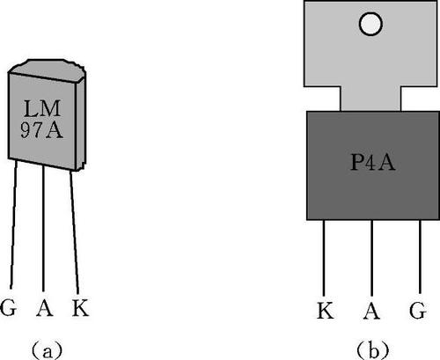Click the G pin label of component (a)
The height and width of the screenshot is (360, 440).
click(8, 307)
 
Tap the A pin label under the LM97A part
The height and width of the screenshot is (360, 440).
click(45, 308)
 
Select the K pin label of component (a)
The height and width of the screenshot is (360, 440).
click(80, 308)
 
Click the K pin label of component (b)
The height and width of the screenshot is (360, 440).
click(326, 310)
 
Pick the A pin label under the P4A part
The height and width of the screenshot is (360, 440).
click(371, 311)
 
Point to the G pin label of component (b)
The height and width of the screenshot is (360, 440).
click(418, 311)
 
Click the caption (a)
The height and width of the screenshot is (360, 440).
click(47, 350)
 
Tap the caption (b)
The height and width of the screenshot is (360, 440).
click(373, 350)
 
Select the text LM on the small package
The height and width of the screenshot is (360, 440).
click(42, 108)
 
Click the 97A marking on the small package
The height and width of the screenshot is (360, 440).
click(41, 129)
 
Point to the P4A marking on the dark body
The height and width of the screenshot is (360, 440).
click(373, 162)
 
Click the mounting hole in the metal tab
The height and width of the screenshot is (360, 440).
click(370, 24)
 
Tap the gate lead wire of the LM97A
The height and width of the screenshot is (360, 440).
click(13, 224)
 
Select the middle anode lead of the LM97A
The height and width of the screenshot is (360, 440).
click(43, 229)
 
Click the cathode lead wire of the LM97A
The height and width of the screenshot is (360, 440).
click(75, 232)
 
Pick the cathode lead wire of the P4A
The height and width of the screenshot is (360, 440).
click(324, 258)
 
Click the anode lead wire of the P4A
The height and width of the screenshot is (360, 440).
click(371, 258)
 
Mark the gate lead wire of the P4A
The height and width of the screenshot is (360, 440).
click(420, 257)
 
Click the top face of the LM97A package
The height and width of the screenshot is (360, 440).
click(47, 70)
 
